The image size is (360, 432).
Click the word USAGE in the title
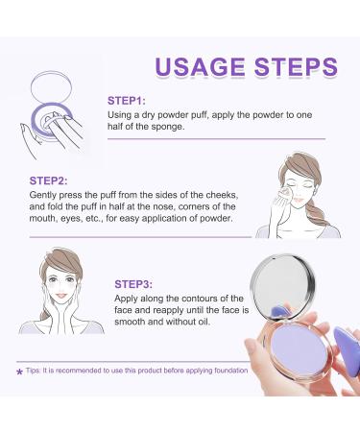pyautogui.click(x=200, y=67)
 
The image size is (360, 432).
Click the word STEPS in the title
pyautogui.click(x=296, y=67)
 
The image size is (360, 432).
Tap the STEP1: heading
pyautogui.click(x=127, y=101)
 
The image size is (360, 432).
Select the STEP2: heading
pyautogui.click(x=48, y=180)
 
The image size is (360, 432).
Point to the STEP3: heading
pyautogui.click(x=133, y=284)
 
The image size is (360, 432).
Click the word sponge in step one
pyautogui.click(x=167, y=127)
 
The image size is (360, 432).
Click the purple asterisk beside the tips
pyautogui.click(x=19, y=372)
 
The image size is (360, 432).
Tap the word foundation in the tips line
pyautogui.click(x=230, y=371)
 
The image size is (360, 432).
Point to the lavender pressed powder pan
pyautogui.click(x=298, y=352)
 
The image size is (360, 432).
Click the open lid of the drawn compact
pyautogui.click(x=52, y=87)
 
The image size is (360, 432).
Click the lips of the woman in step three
pyautogui.click(x=61, y=295)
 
